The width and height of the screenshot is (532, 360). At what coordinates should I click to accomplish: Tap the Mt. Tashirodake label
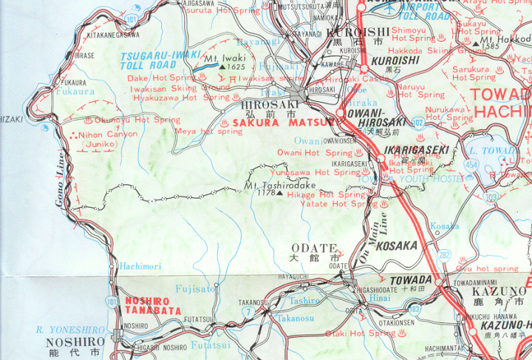tap(281, 185)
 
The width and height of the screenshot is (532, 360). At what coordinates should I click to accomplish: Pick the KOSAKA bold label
tap(398, 245)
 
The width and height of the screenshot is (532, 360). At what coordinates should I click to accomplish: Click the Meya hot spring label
tap(209, 131)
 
